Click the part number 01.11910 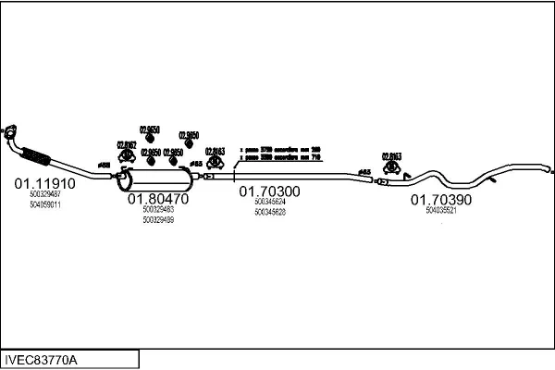tap(44, 183)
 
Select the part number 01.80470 tap(158, 199)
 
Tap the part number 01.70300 tap(270, 191)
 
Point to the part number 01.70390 tap(441, 199)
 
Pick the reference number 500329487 tap(44, 194)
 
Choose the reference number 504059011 tap(44, 204)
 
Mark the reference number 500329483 tap(158, 210)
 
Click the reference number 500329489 tap(158, 220)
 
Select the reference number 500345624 tap(270, 202)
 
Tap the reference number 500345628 tap(270, 212)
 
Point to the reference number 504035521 tap(441, 210)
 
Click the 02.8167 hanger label tap(127, 144)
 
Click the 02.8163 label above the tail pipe tap(393, 157)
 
